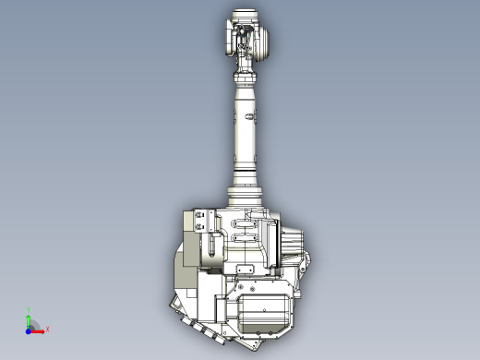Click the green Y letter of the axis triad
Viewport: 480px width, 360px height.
(29, 310)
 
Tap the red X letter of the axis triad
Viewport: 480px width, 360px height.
(47, 328)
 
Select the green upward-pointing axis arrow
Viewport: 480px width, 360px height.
(29, 318)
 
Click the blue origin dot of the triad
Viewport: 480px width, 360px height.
(28, 329)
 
